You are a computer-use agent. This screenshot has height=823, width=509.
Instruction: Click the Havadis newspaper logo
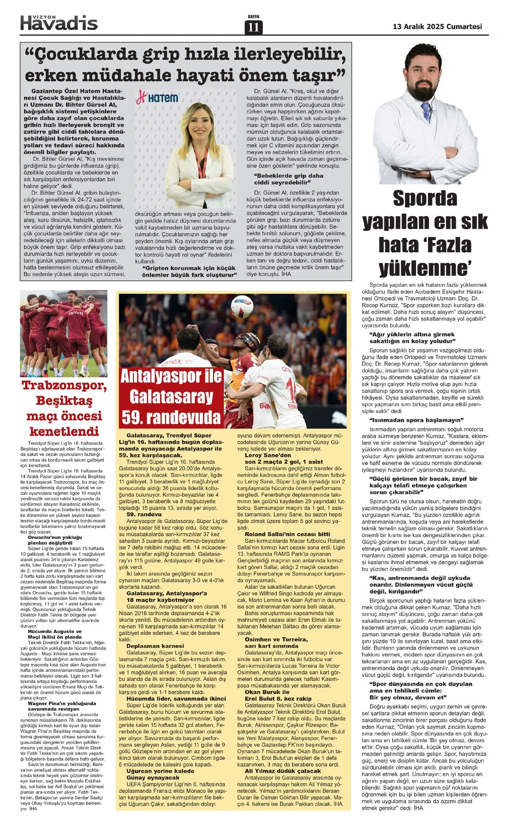coord(59,22)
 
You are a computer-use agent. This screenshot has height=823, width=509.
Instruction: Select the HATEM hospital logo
coord(157,98)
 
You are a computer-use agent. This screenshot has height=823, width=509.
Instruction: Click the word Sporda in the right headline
coord(425,198)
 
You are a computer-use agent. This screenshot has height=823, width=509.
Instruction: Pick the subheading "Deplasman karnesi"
coord(155,646)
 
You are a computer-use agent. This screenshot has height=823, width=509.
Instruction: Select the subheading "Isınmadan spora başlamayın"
coord(417,420)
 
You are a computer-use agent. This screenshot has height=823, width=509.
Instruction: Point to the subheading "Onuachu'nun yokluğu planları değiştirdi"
coord(55,540)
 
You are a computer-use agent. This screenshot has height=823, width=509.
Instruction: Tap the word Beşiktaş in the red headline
coord(64,400)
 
